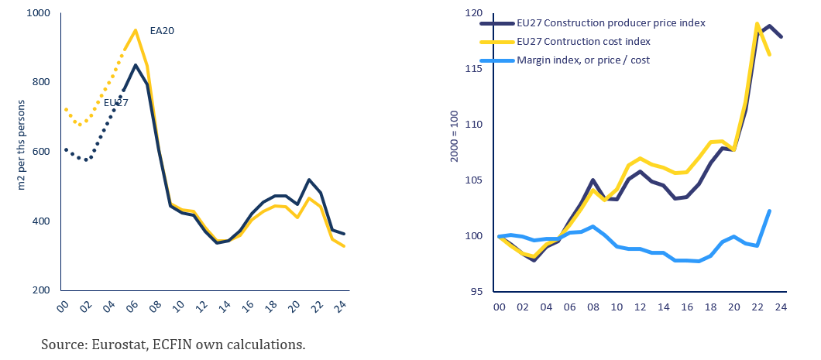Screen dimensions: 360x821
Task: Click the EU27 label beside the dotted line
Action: (116, 102)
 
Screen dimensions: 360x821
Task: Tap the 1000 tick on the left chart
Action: (37, 13)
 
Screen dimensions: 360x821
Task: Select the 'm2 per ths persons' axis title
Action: (21, 152)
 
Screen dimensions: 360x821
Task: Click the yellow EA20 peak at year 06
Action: (136, 30)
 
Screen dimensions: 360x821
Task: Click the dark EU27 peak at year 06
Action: (136, 65)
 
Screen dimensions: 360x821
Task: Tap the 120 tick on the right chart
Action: (474, 13)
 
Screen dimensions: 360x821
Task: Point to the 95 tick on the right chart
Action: (477, 291)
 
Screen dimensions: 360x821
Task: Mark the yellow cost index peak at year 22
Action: (756, 24)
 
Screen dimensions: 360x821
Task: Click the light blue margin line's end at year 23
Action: (768, 211)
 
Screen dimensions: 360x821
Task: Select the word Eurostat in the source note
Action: (112, 344)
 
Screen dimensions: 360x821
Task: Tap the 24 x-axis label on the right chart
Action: (781, 308)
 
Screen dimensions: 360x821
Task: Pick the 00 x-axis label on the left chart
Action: (65, 308)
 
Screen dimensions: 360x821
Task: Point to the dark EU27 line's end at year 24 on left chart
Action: (345, 234)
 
